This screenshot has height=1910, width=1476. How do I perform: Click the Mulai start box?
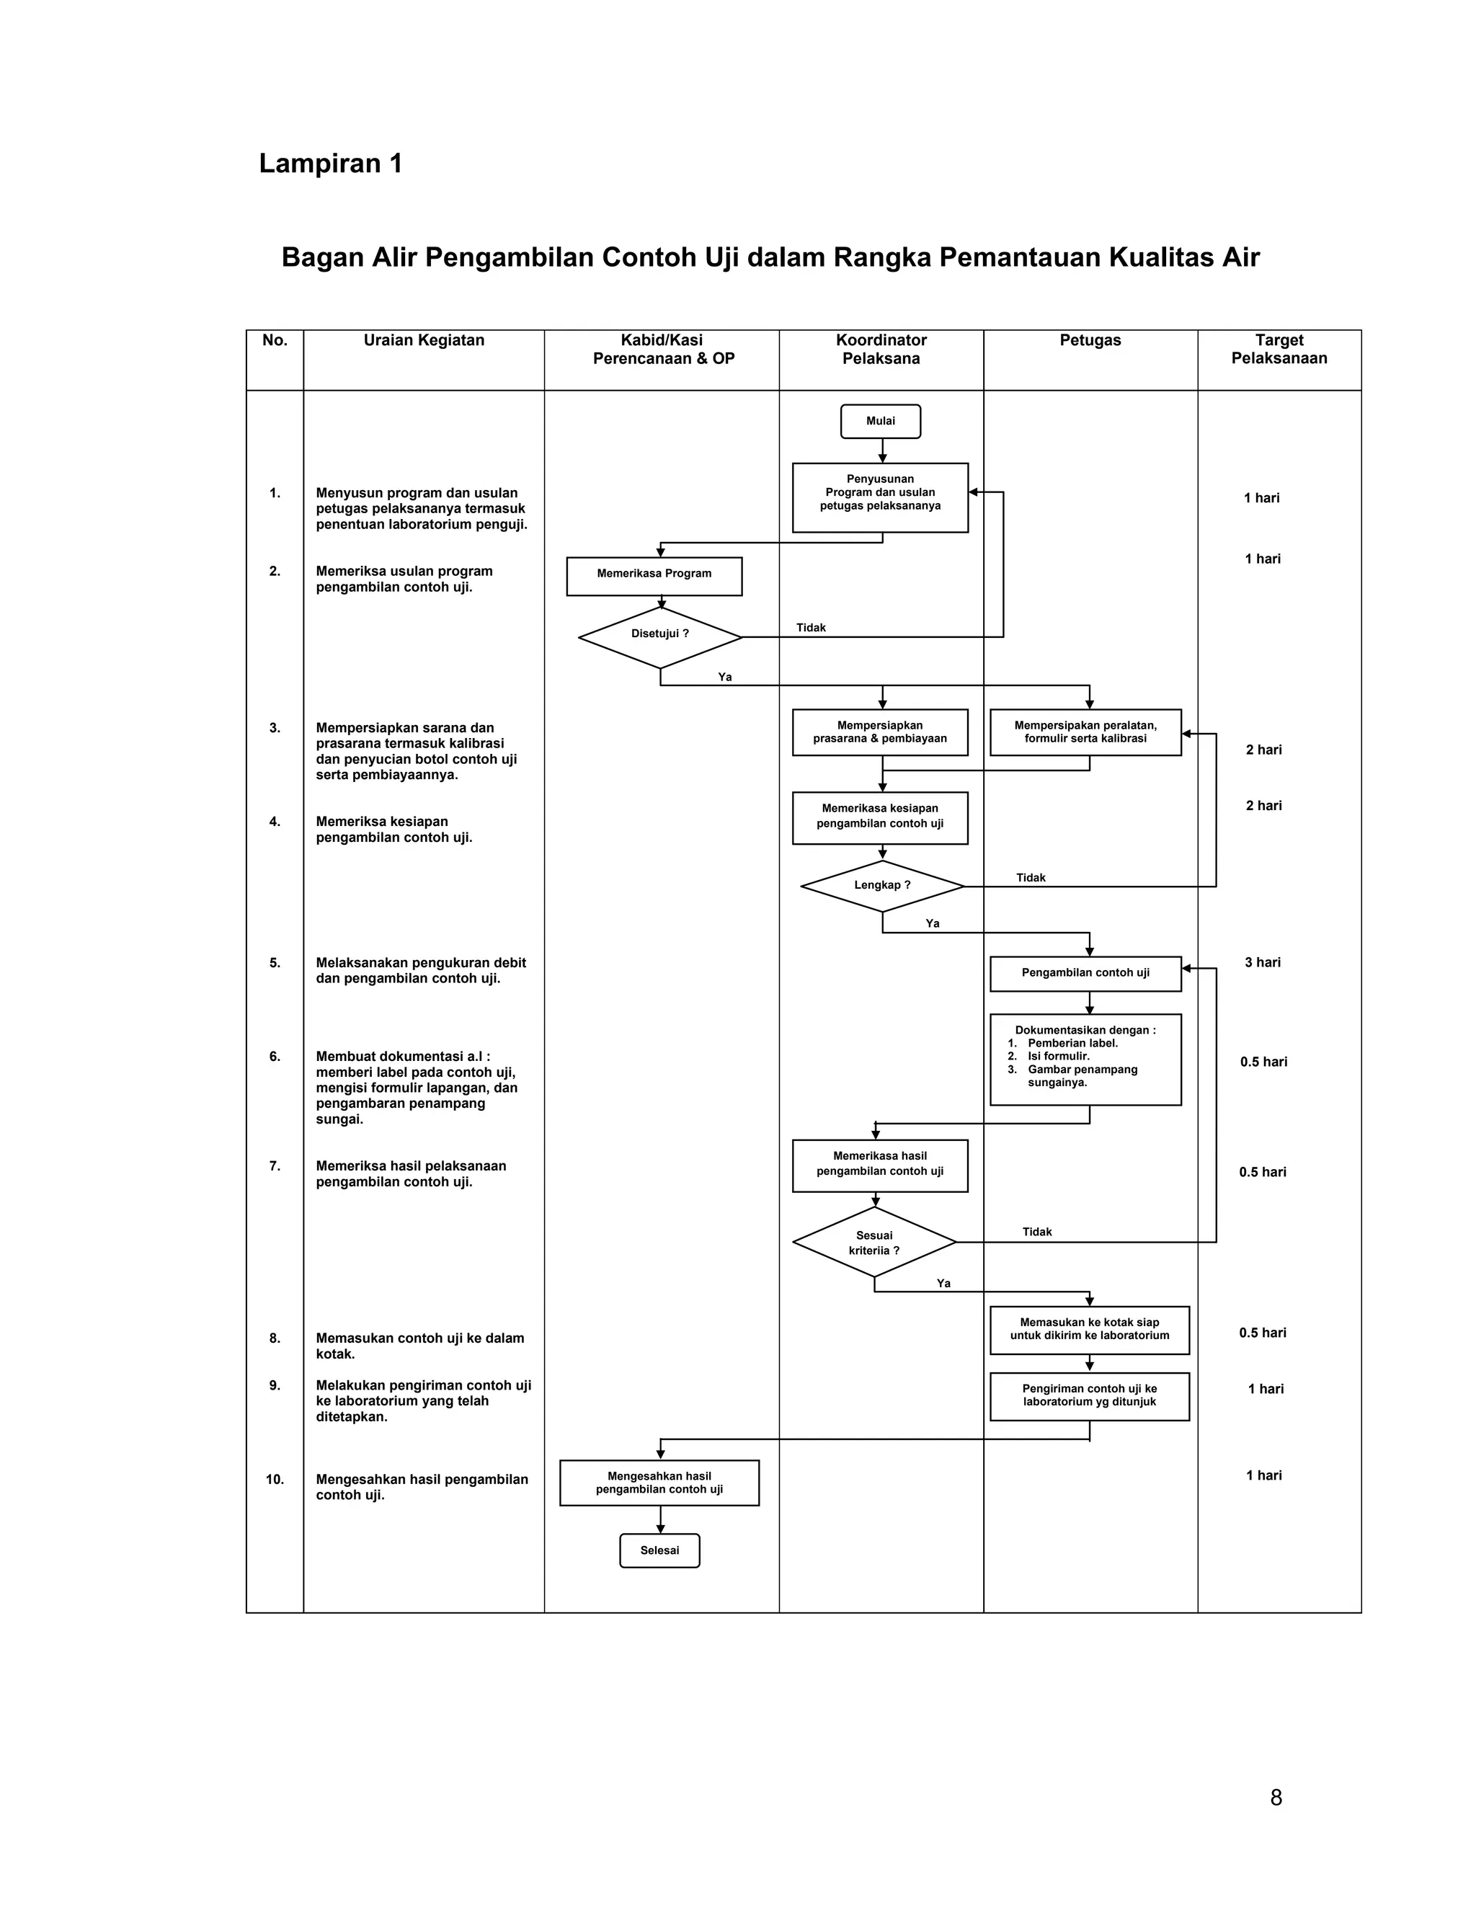880,421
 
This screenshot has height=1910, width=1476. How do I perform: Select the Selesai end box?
659,1550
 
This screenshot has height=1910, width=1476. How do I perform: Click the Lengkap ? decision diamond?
882,885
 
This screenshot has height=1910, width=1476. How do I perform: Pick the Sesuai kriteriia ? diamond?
874,1242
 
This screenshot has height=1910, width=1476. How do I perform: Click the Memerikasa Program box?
654,574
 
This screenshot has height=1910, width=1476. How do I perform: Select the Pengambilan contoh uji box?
1085,972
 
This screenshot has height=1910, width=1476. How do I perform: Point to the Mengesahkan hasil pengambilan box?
659,1483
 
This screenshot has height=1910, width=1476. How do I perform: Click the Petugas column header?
1090,340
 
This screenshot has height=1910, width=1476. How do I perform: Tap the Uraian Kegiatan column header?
424,340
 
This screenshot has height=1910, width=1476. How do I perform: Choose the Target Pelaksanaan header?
1279,349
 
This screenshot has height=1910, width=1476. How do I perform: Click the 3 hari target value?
1263,962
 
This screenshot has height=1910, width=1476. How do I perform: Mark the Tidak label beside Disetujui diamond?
811,628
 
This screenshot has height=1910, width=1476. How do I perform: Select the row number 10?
275,1479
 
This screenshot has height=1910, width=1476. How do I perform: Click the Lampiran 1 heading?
331,164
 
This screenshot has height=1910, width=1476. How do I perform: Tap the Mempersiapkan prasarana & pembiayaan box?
880,732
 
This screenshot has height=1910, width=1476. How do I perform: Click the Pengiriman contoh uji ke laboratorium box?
1090,1395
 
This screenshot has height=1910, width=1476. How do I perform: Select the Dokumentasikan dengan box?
1085,1059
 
